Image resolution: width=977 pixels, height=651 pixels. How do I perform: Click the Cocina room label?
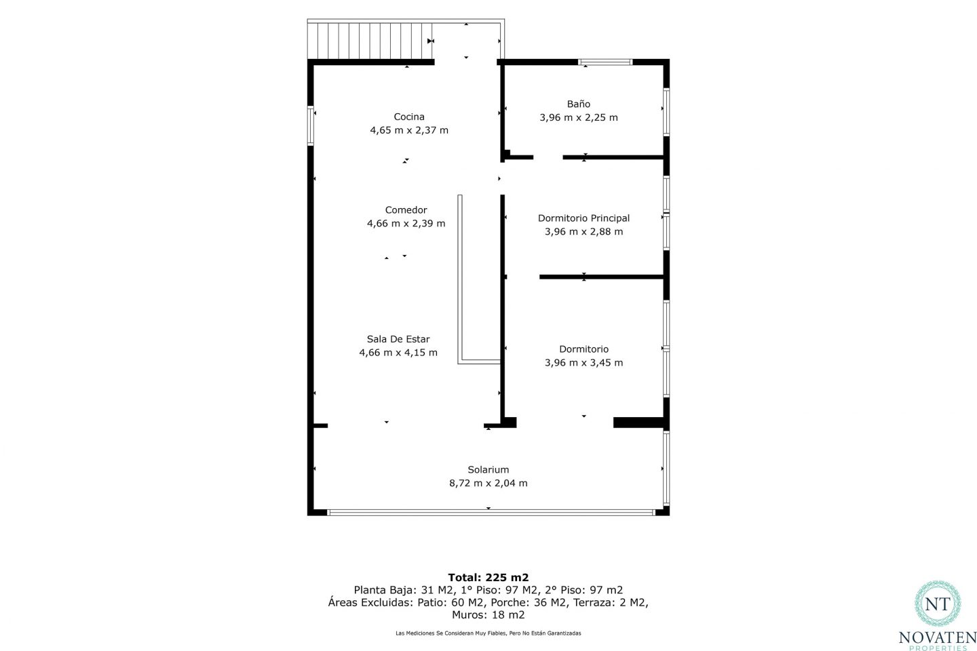(408, 117)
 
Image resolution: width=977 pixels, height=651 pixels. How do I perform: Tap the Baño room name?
(578, 104)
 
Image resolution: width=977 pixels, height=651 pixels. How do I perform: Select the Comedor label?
(406, 210)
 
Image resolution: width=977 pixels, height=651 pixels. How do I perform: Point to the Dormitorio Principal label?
(583, 218)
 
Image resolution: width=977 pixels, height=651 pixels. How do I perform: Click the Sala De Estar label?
(398, 339)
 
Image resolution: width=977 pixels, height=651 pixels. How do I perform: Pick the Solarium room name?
(488, 470)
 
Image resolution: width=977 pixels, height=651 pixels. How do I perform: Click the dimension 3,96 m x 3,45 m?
(583, 362)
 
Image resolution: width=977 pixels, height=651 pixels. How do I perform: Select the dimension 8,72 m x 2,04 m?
(488, 483)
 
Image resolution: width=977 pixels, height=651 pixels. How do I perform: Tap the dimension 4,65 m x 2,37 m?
(408, 130)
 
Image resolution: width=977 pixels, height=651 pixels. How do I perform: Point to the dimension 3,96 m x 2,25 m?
(578, 117)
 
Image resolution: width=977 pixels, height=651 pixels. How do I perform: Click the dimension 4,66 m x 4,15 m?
(398, 353)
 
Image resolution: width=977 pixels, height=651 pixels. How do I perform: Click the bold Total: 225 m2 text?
(488, 577)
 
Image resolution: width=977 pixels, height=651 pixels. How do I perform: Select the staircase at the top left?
(370, 41)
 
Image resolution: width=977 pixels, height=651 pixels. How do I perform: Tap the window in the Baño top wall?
(605, 62)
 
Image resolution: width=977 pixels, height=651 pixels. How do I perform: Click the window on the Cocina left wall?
(311, 125)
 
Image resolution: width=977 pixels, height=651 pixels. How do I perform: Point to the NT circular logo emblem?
(938, 604)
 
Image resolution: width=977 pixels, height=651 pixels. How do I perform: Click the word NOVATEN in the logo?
(937, 637)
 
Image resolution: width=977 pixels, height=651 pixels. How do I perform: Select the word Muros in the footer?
(469, 615)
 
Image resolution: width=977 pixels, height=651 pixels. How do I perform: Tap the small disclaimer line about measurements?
(488, 633)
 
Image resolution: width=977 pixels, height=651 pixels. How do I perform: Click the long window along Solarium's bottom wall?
(491, 513)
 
